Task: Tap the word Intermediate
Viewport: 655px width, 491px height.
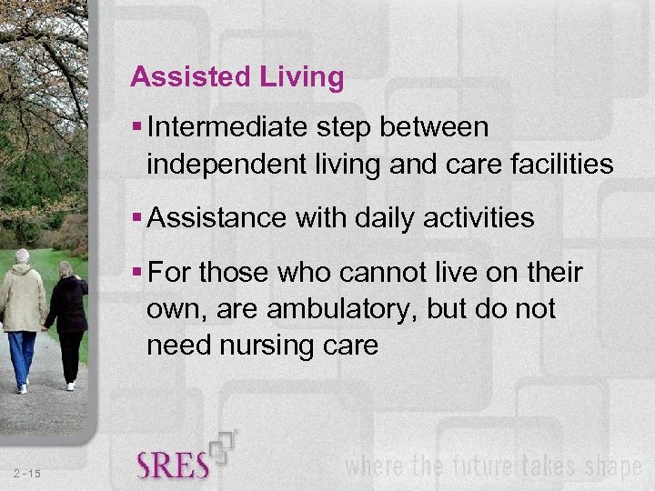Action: pyautogui.click(x=228, y=128)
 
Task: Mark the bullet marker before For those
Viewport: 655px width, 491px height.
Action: pyautogui.click(x=136, y=273)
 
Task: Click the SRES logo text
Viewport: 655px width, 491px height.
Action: pyautogui.click(x=173, y=465)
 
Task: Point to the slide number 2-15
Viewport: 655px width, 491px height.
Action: pyautogui.click(x=27, y=473)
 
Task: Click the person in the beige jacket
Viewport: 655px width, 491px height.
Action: pyautogui.click(x=21, y=300)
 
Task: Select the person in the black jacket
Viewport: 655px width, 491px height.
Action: pyautogui.click(x=67, y=305)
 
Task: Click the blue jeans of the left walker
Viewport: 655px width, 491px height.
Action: pyautogui.click(x=22, y=356)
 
